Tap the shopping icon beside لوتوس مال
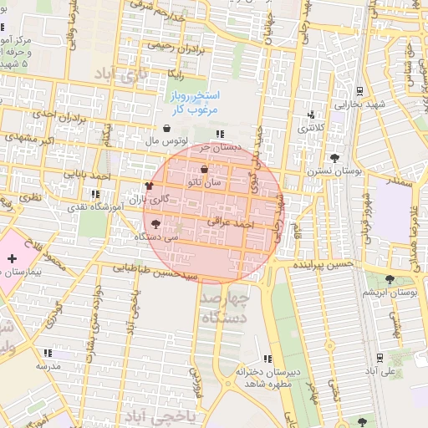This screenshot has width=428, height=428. (167, 129)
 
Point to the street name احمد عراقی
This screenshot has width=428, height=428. (235, 225)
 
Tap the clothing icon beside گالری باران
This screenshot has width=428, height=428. (149, 186)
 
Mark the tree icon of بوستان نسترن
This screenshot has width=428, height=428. (335, 157)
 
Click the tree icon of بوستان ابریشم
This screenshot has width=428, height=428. (390, 279)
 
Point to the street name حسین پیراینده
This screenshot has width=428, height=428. (324, 263)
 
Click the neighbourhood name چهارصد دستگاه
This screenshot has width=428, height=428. (225, 308)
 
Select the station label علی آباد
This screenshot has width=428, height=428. (387, 369)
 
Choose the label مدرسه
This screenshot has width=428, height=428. (48, 366)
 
